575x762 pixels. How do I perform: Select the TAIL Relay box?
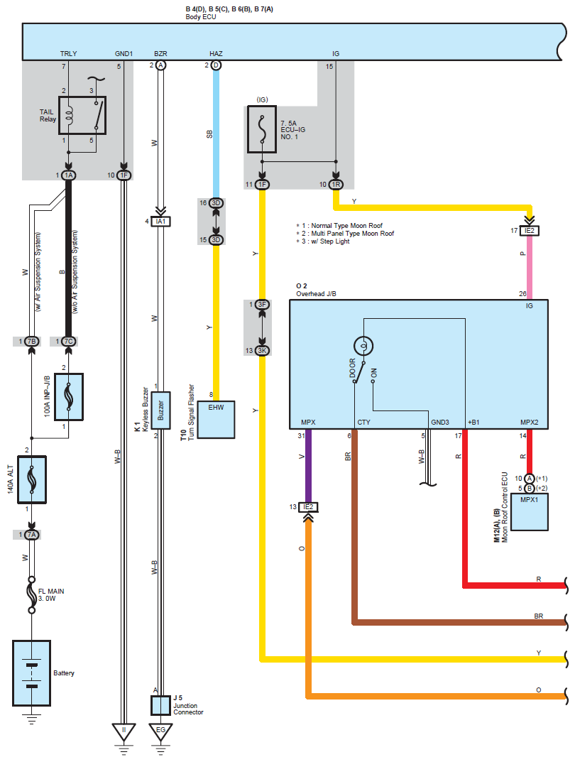tap(82, 115)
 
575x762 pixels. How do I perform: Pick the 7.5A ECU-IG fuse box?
tap(262, 129)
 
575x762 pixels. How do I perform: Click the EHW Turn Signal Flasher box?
tap(216, 420)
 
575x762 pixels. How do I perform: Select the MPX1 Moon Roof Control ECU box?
tap(530, 511)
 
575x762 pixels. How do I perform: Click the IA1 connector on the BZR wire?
tap(161, 221)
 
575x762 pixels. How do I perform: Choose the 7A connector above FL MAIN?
tap(31, 534)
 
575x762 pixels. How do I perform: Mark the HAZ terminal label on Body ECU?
tap(216, 54)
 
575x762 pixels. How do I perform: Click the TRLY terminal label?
tap(69, 54)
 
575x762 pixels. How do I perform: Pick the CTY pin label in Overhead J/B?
tap(363, 423)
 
